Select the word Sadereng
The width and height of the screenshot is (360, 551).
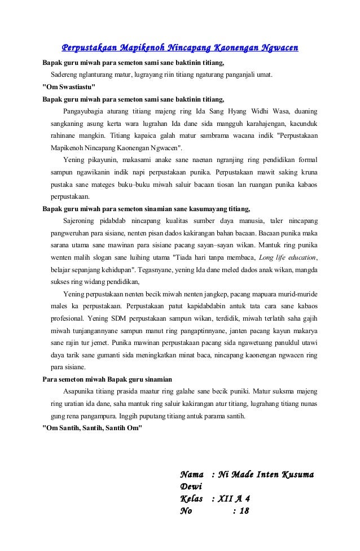pos(65,74)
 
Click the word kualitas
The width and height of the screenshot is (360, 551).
pos(179,220)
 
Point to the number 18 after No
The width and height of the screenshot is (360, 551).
pos(242,511)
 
